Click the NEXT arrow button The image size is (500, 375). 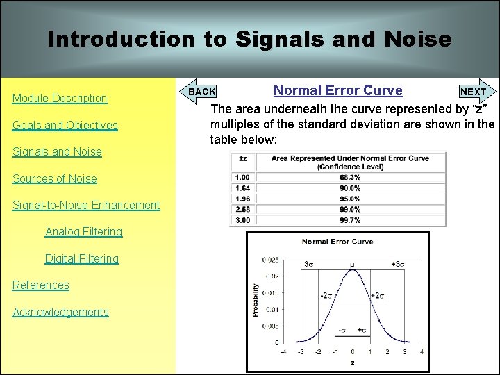click(x=476, y=92)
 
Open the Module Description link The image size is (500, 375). click(x=60, y=99)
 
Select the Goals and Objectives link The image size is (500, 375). click(x=65, y=125)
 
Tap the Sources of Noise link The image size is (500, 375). click(x=55, y=178)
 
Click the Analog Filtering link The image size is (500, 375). click(x=83, y=231)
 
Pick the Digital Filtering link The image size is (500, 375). click(x=82, y=258)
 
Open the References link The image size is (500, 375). click(x=41, y=285)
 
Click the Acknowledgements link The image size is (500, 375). click(x=61, y=312)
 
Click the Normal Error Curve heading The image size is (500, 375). click(x=337, y=90)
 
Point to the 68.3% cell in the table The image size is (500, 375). click(x=350, y=178)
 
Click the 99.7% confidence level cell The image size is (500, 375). click(x=350, y=220)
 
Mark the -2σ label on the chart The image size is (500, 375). click(x=327, y=295)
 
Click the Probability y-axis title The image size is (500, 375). click(x=256, y=300)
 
